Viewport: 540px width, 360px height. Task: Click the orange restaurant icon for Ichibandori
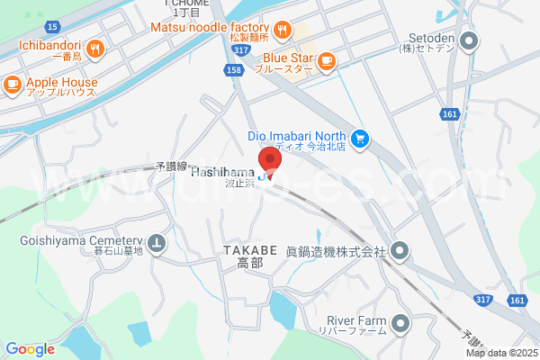click(x=95, y=48)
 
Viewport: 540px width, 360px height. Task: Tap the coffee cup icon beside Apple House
click(x=12, y=84)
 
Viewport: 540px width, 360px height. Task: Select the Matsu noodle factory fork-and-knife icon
click(x=283, y=30)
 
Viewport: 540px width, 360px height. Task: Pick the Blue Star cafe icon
click(x=325, y=60)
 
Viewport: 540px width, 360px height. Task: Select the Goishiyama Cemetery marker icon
click(x=157, y=241)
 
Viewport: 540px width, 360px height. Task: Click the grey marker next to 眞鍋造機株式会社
click(x=400, y=250)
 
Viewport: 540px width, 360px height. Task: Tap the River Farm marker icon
click(x=400, y=321)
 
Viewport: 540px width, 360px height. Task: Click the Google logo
click(x=30, y=349)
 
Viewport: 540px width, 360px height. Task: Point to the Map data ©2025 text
click(x=501, y=353)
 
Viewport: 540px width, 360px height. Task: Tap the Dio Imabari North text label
click(x=297, y=137)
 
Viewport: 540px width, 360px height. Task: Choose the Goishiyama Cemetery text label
click(x=81, y=240)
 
